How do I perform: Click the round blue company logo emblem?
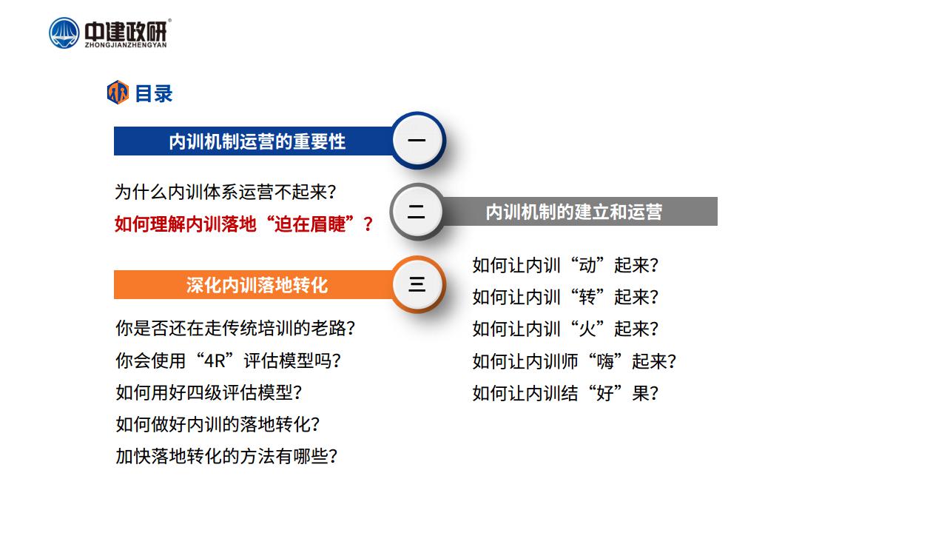point(64,33)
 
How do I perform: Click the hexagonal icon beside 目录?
point(118,93)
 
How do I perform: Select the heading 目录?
point(153,93)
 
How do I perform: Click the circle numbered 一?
point(417,141)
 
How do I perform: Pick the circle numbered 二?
point(417,212)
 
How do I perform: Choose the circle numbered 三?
point(417,284)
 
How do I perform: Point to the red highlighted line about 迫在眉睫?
point(244,224)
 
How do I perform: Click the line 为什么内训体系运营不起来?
point(226,192)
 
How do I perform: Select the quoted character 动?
point(587,265)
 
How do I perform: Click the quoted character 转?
point(587,297)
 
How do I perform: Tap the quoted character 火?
point(587,329)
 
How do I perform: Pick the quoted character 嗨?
point(605,361)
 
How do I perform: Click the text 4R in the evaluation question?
point(215,361)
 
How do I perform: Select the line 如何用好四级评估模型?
point(209,392)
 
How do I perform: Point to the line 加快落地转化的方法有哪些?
point(226,456)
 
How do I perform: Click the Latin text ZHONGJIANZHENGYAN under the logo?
point(126,45)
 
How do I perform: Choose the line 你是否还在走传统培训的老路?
point(235,328)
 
